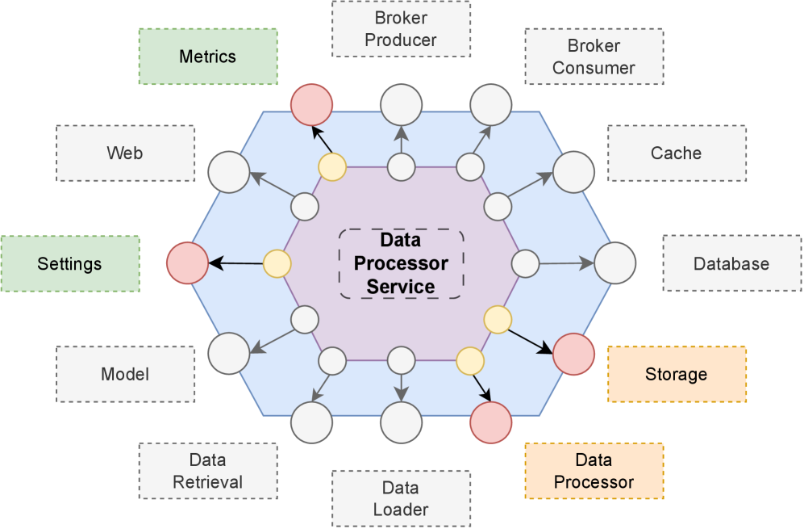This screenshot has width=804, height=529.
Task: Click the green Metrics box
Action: [208, 57]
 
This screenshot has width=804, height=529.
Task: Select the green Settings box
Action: [69, 263]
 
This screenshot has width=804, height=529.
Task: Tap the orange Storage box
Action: [676, 374]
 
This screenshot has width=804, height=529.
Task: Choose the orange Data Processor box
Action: [594, 471]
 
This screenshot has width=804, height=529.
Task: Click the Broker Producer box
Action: [401, 28]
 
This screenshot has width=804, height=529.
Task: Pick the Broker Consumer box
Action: [594, 57]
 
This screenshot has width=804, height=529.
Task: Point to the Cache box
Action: [676, 153]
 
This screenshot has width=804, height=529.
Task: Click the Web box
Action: [125, 153]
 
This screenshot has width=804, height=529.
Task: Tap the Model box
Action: [125, 374]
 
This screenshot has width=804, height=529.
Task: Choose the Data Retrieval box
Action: [208, 471]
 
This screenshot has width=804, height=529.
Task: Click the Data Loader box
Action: [401, 498]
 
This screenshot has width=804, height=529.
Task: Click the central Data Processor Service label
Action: [401, 263]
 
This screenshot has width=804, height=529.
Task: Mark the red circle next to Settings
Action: [187, 263]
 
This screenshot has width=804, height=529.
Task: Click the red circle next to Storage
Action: [573, 354]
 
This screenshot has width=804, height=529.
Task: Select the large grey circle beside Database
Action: [615, 262]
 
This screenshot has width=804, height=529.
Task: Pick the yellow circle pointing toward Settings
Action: [277, 263]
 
